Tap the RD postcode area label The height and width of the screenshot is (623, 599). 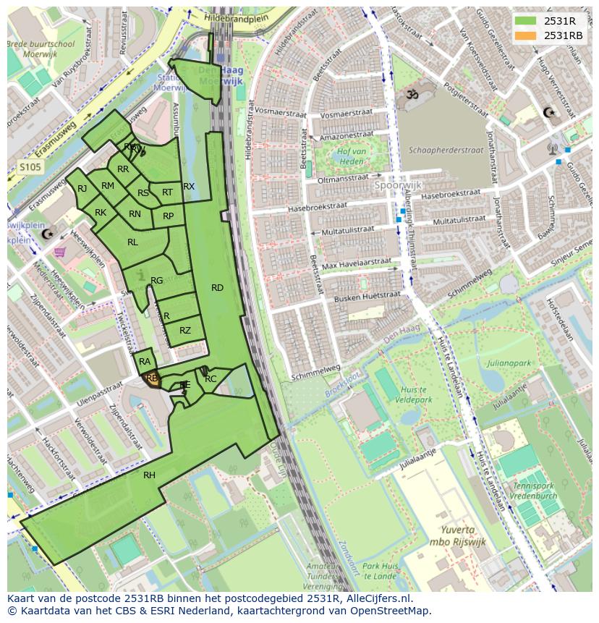[x=217, y=288]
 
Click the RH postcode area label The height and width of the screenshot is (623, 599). [x=149, y=475]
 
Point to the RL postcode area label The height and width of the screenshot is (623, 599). [x=132, y=242]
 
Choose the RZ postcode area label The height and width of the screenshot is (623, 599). [x=185, y=331]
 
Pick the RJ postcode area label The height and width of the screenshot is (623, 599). [x=82, y=189]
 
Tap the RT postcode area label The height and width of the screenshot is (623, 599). [x=167, y=192]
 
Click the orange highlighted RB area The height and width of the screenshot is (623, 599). [x=152, y=378]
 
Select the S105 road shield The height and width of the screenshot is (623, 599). [x=30, y=167]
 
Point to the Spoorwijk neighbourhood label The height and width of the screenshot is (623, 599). [x=397, y=185]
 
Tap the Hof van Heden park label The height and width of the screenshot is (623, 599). [x=351, y=156]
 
